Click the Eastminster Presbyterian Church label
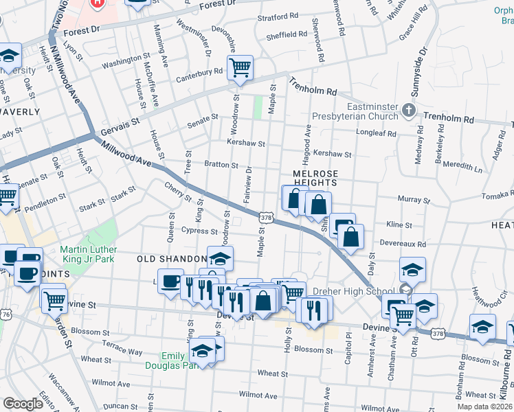coord(355,111)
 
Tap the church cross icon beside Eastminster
coord(409,110)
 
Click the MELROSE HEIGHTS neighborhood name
coord(315,179)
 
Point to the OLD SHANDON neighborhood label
coord(172,259)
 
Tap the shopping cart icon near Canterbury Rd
coord(240,67)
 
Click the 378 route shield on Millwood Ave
coord(265,217)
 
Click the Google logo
coord(23,403)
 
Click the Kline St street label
coord(399,225)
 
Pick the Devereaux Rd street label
coord(403,244)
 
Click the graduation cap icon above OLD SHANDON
coord(220,258)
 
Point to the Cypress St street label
coord(199,231)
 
